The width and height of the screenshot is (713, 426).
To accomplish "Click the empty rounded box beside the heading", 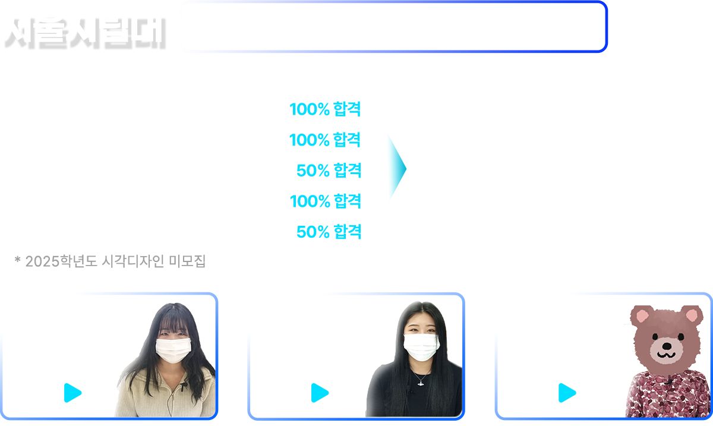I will coord(392,27).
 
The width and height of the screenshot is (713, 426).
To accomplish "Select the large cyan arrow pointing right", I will coord(396,168).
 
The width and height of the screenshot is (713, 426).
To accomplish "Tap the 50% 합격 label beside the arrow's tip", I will coord(329,171).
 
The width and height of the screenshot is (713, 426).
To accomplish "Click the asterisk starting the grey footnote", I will coord(18,261).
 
